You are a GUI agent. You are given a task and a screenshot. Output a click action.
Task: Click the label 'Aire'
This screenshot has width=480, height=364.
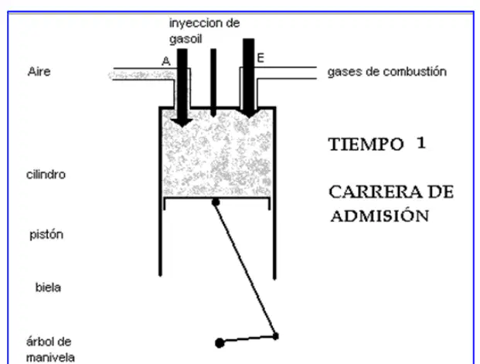[39, 72]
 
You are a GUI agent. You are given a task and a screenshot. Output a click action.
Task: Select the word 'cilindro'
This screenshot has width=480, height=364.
[46, 175]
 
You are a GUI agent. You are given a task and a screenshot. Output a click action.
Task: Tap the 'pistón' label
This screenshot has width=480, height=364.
[46, 235]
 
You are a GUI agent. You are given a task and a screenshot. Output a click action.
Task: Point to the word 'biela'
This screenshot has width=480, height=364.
[48, 287]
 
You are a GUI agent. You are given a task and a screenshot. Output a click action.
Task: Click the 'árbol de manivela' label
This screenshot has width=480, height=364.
[50, 349]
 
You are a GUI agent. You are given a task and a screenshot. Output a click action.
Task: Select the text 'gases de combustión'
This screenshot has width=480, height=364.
[387, 72]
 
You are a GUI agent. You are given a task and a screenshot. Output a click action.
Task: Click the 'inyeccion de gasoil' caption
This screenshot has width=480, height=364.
[205, 31]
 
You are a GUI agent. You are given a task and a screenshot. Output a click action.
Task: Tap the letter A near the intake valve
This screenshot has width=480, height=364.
[166, 61]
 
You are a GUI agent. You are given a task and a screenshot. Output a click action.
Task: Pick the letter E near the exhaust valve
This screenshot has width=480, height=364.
[260, 58]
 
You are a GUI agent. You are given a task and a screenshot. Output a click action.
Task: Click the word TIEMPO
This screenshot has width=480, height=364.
[366, 145]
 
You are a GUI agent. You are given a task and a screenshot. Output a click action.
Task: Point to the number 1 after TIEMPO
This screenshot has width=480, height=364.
[421, 143]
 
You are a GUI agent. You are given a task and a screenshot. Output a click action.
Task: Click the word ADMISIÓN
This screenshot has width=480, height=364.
[380, 215]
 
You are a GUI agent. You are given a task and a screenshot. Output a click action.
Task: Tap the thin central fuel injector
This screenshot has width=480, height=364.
[213, 83]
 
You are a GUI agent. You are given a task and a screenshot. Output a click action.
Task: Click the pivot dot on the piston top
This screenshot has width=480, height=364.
[216, 202]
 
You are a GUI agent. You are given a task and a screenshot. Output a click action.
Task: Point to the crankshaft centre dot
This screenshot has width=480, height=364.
[220, 343]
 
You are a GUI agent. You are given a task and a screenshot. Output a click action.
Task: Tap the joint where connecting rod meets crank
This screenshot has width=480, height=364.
[275, 336]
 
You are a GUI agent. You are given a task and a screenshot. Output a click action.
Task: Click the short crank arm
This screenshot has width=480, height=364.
[247, 339]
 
